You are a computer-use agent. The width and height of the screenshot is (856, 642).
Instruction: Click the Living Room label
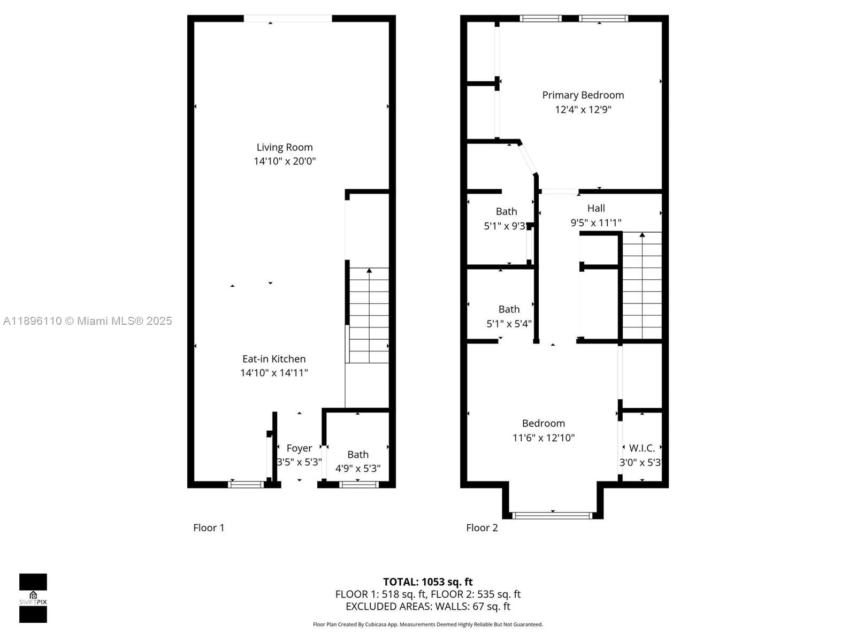click(x=284, y=147)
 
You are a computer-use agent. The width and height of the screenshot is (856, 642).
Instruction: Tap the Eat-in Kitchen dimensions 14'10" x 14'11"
click(x=274, y=373)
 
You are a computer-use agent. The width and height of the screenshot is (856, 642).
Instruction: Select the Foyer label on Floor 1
click(x=299, y=448)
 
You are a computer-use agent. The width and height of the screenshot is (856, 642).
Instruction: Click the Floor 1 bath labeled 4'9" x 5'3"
click(x=358, y=455)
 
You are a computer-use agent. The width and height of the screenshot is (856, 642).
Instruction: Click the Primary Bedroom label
click(x=583, y=95)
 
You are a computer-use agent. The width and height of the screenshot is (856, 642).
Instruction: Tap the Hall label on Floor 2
click(x=596, y=209)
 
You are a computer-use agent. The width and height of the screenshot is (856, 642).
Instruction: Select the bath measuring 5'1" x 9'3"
click(x=506, y=212)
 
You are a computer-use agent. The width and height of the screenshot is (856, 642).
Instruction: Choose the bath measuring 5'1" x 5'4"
click(x=509, y=310)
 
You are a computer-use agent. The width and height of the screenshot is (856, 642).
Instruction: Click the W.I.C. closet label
click(x=641, y=448)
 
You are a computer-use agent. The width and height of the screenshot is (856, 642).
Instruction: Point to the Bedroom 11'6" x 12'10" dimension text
click(x=544, y=438)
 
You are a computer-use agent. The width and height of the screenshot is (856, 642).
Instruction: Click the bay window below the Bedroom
click(x=553, y=515)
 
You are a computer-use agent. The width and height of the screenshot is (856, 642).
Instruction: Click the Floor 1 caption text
click(x=209, y=528)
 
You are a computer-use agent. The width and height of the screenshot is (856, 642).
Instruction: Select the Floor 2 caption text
click(x=481, y=528)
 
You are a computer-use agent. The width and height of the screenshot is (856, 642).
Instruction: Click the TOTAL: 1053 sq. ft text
click(x=428, y=582)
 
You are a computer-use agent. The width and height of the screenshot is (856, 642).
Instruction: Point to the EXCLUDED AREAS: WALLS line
click(x=428, y=607)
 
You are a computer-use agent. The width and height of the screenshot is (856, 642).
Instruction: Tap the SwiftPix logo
click(x=33, y=598)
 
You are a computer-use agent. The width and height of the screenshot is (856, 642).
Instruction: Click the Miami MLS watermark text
click(x=87, y=321)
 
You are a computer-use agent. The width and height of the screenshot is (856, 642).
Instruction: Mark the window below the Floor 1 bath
click(x=359, y=485)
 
